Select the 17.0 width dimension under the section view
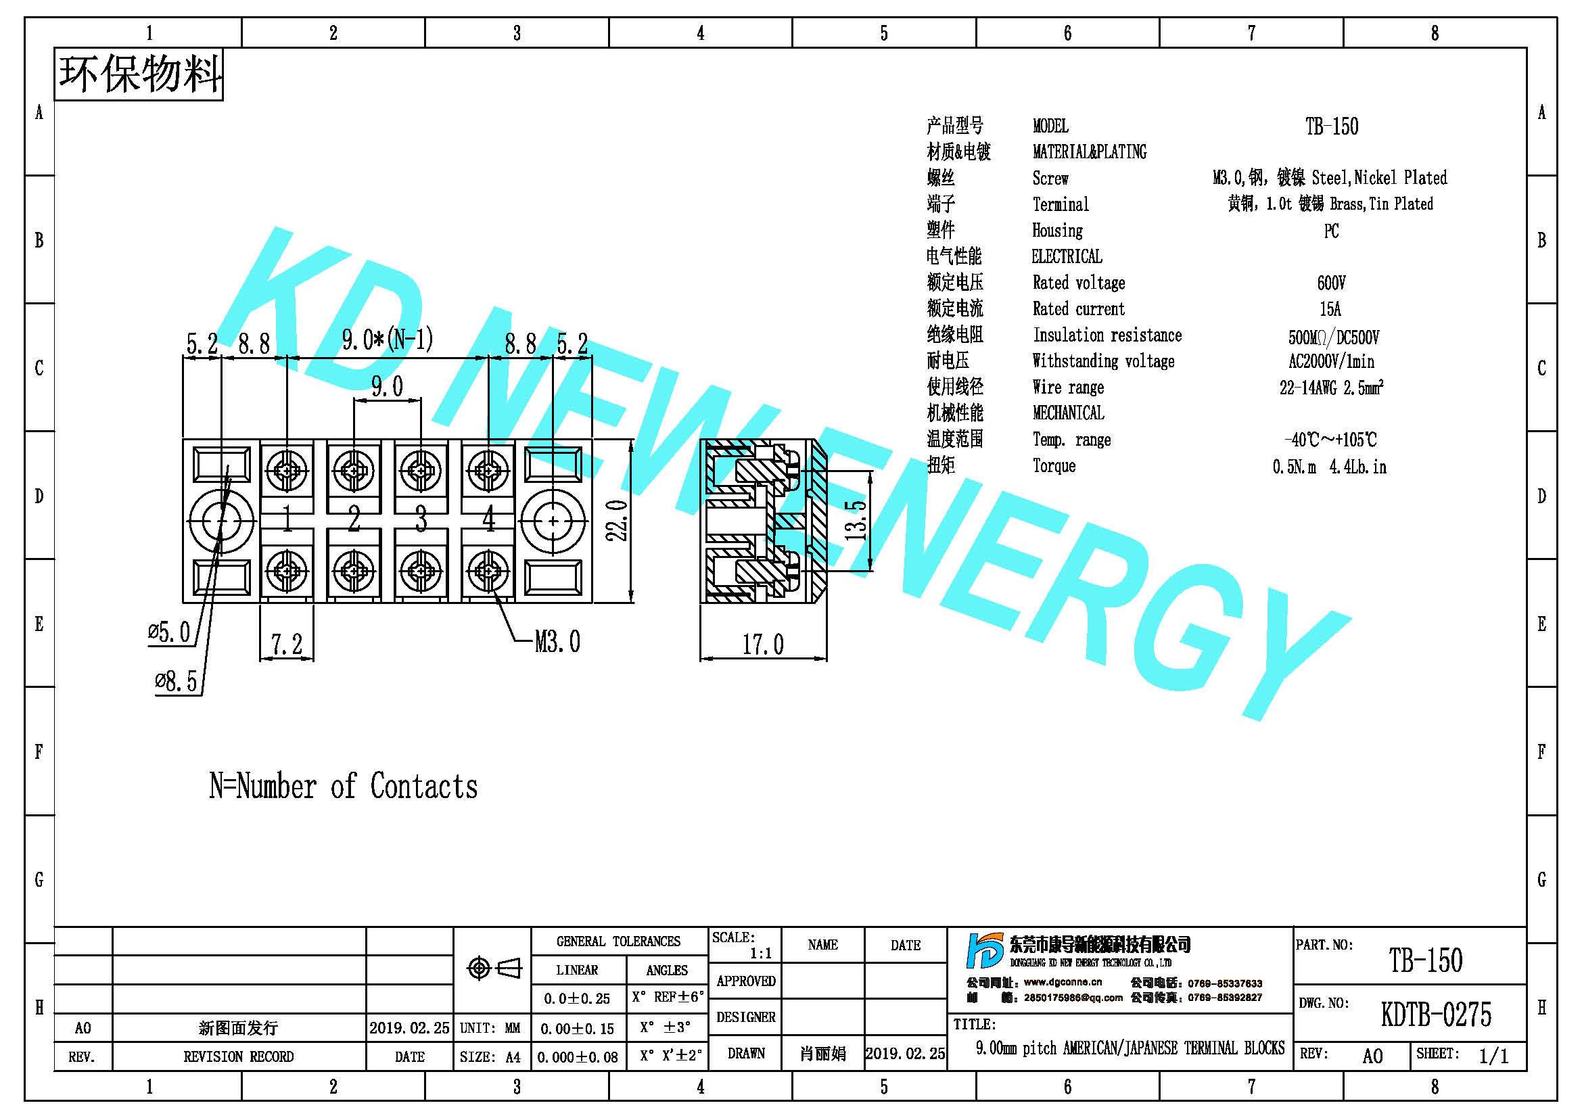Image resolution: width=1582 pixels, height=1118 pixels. [x=763, y=645]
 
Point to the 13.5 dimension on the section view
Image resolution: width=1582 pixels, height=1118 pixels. [x=856, y=520]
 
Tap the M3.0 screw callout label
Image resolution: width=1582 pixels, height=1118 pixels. [x=557, y=642]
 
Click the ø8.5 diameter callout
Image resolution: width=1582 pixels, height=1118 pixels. [x=177, y=682]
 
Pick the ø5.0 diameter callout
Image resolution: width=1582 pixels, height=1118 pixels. [x=170, y=632]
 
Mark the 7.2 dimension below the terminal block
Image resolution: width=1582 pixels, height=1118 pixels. [x=287, y=645]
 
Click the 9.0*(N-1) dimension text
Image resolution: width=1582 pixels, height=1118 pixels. [x=388, y=340]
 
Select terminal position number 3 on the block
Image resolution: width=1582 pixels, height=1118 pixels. [x=421, y=519]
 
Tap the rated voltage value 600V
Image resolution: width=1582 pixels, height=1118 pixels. [x=1331, y=283]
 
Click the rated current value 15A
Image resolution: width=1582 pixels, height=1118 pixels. [x=1330, y=309]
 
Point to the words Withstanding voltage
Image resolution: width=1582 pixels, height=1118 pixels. [x=1103, y=361]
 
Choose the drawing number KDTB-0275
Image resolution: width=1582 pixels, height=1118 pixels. [x=1436, y=1015]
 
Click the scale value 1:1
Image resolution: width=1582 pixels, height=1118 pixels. [x=761, y=954]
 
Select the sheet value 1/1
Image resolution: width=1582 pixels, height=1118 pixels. [x=1494, y=1056]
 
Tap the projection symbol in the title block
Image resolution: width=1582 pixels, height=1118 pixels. [x=494, y=969]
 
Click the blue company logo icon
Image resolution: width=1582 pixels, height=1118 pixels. [x=984, y=951]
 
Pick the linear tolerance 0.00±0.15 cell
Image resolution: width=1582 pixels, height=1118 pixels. [x=578, y=1029]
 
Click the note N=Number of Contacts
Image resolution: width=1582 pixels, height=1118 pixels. [x=343, y=786]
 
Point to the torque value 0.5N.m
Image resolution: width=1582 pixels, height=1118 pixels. [x=1294, y=467]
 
